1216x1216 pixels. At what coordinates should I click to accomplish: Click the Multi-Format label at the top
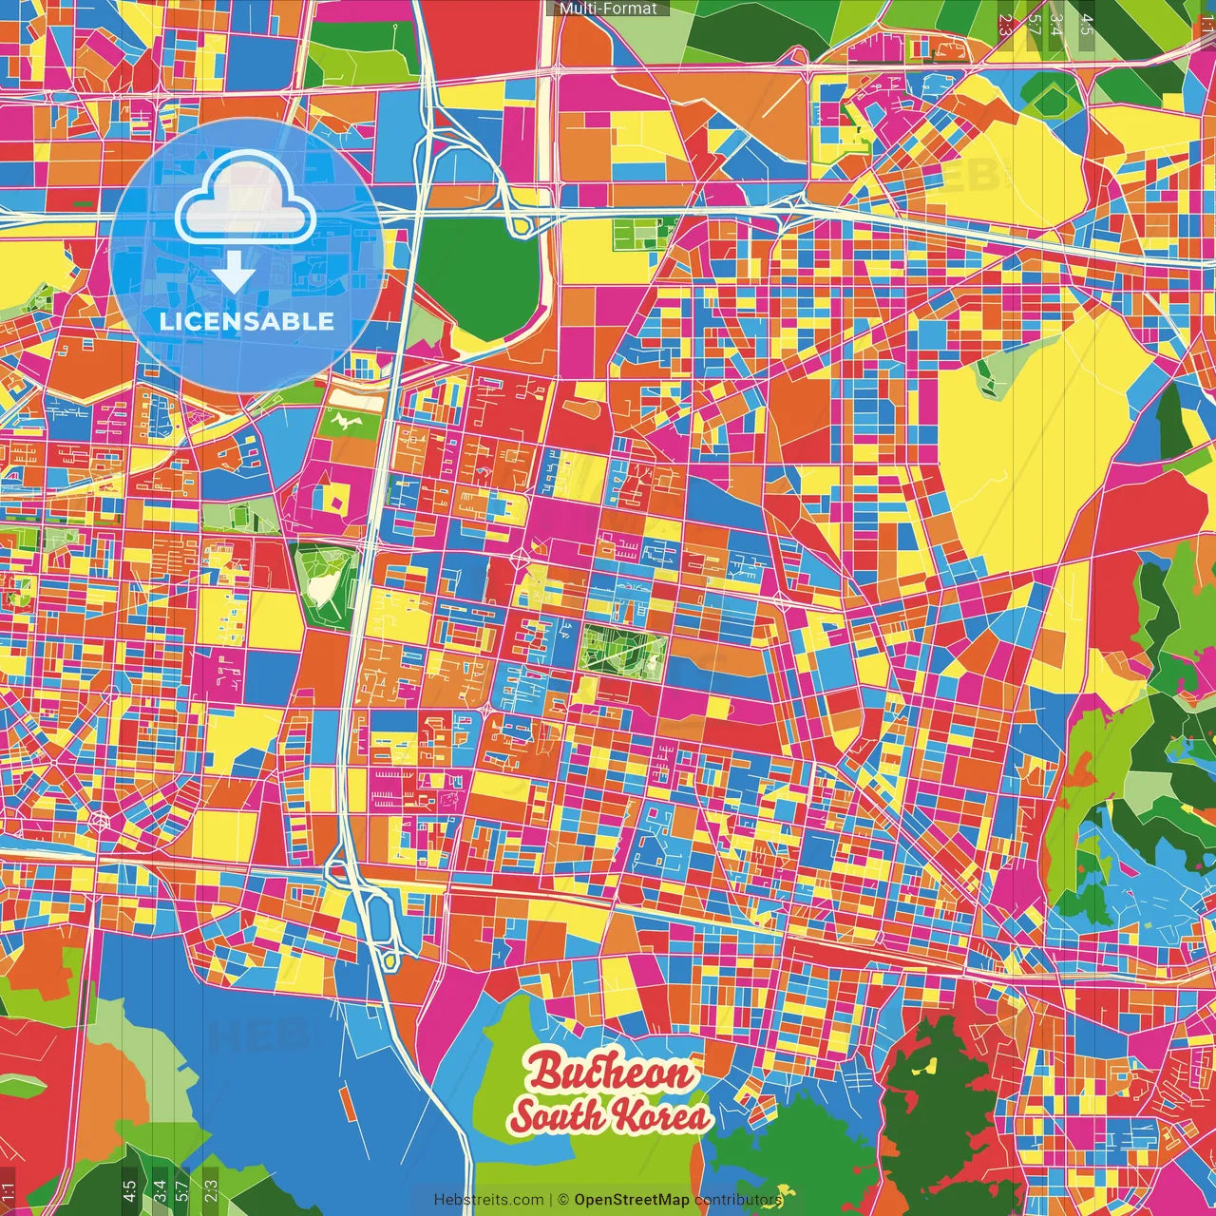(608, 9)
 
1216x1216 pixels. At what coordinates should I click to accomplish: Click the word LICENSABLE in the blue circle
(247, 321)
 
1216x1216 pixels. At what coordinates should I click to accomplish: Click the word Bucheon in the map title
(612, 1073)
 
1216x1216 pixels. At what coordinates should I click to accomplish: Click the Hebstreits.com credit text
(488, 1200)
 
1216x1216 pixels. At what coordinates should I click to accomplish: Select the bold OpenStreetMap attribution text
(632, 1200)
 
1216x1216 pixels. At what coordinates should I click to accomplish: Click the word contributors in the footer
(738, 1200)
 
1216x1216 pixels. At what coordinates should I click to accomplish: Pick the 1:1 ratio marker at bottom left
(9, 1190)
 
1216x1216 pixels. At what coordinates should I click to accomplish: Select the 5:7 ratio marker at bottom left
(182, 1190)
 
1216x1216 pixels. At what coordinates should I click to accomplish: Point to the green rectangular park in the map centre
(623, 654)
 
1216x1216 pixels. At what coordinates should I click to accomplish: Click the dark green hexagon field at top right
(1051, 95)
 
